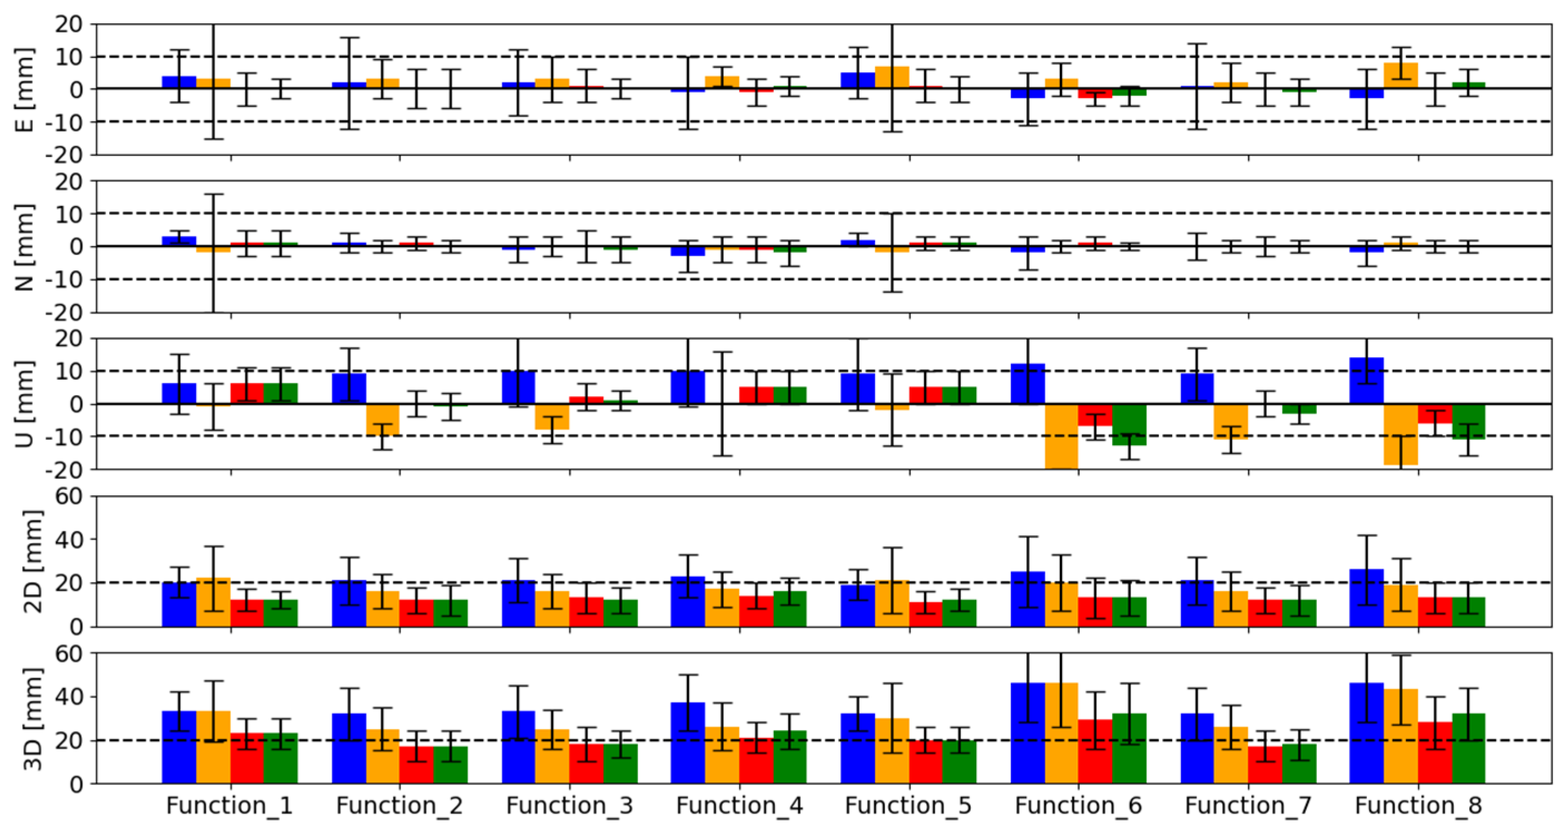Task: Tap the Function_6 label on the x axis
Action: coord(1078,806)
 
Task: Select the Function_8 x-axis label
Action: coord(1418,806)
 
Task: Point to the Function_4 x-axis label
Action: coord(739,806)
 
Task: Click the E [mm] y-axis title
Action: coord(24,90)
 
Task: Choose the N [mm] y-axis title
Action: coord(24,246)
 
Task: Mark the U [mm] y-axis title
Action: coord(24,403)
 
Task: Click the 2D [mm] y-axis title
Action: coord(32,561)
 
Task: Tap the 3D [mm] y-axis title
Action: coord(32,719)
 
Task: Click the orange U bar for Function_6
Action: coord(1061,436)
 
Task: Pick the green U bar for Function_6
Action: coord(1129,424)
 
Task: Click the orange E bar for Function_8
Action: coord(1400,76)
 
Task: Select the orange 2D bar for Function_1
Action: coord(213,603)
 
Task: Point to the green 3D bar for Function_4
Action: coord(789,757)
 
